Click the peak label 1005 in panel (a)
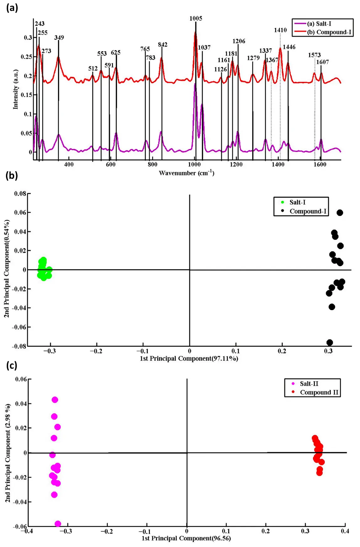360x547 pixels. [x=196, y=18]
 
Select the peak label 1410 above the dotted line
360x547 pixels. [x=280, y=30]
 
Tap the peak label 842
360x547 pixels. [x=162, y=45]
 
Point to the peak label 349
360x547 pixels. [x=59, y=38]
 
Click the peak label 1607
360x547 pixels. [x=322, y=62]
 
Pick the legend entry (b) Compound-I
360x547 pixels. [x=329, y=32]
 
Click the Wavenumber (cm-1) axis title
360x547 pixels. [x=186, y=173]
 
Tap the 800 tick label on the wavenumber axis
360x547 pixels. [x=152, y=165]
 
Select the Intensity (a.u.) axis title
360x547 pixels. [x=15, y=89]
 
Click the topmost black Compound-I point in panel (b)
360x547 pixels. [x=340, y=213]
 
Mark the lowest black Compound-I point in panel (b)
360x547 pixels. [x=330, y=342]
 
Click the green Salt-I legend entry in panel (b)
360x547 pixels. [x=297, y=202]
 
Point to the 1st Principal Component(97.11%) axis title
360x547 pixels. [x=189, y=358]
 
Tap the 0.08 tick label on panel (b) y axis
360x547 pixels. [x=20, y=194]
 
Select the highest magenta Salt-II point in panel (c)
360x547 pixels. [x=55, y=400]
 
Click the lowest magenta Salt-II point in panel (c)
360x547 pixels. [x=58, y=524]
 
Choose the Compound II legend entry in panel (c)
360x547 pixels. [x=319, y=392]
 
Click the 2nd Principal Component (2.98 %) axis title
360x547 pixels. [x=8, y=453]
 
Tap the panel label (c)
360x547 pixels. [x=12, y=366]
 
